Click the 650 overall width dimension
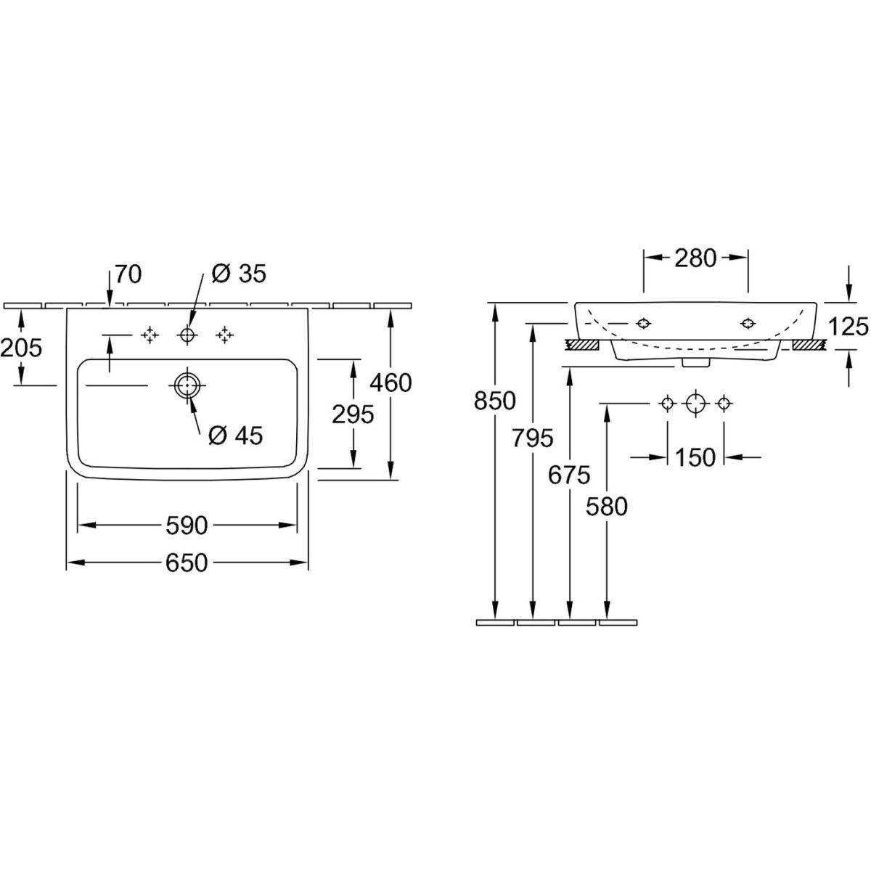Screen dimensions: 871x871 188,563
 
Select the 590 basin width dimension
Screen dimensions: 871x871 188,525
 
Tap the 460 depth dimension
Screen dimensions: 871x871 390,382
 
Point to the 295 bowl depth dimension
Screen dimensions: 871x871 353,414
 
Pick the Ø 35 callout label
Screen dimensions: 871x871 239,274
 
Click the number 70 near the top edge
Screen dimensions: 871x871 127,274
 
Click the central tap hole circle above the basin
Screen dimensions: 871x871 187,335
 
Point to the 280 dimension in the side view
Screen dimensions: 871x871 695,257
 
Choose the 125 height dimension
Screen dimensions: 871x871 848,326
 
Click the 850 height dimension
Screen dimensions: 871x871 496,400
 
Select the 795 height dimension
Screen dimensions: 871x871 532,438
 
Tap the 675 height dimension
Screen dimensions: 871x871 569,475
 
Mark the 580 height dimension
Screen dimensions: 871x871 606,506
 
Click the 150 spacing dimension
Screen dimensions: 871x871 695,457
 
